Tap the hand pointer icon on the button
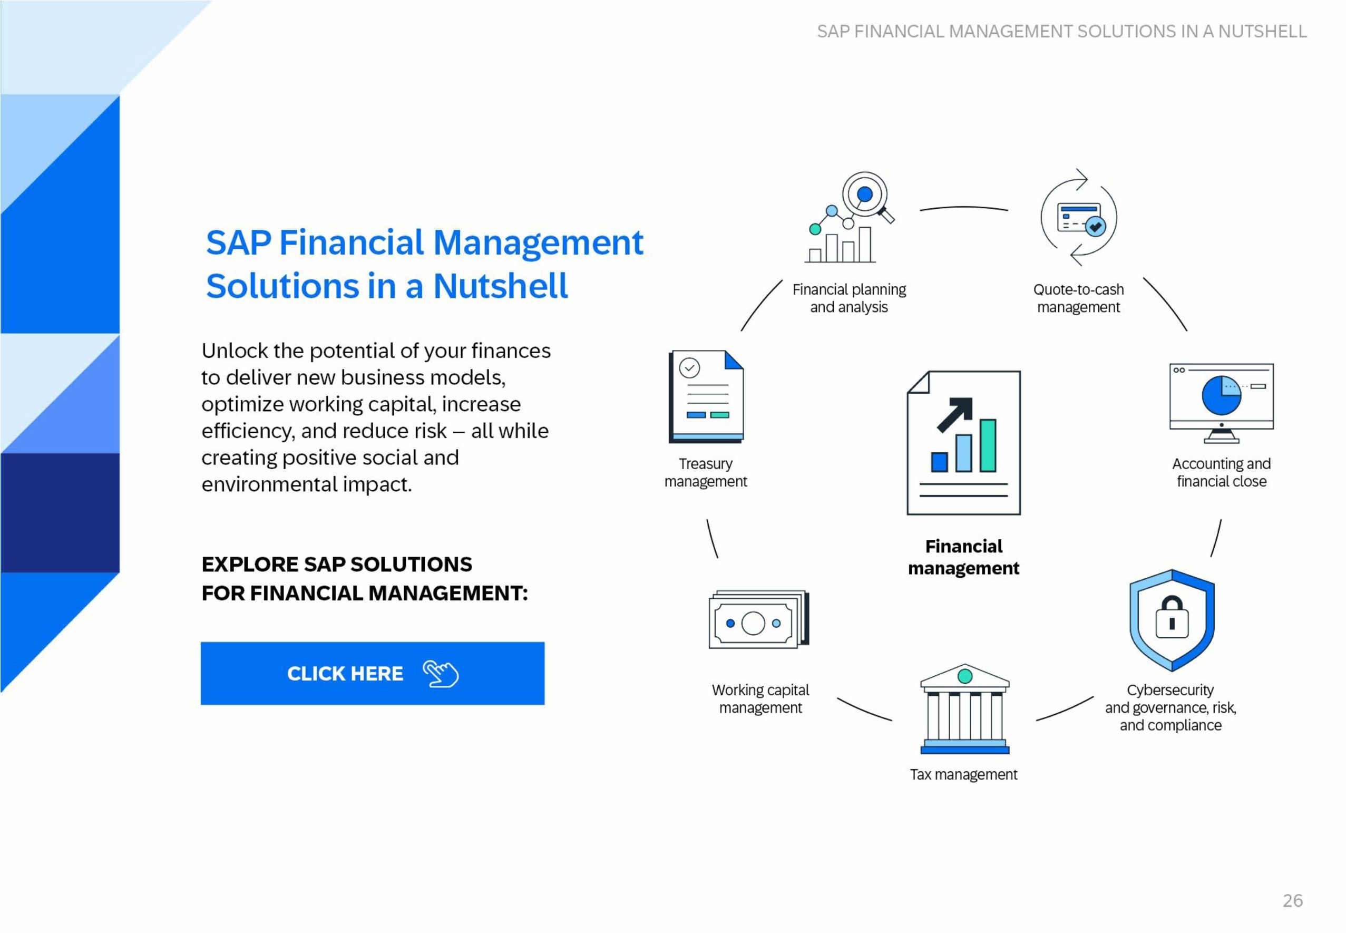[x=441, y=674]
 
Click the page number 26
[x=1292, y=900]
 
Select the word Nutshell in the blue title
[x=500, y=286]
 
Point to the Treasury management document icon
[x=706, y=396]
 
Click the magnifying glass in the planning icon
[x=868, y=197]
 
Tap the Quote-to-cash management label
[x=1078, y=298]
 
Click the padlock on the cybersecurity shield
[x=1172, y=617]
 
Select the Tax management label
[x=963, y=774]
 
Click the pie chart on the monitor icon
[x=1221, y=395]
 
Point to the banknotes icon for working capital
[x=758, y=619]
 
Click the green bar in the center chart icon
[x=988, y=445]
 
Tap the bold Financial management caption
[x=963, y=557]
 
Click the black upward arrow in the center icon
[x=955, y=414]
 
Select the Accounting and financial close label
[x=1221, y=472]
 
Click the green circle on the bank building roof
[x=965, y=676]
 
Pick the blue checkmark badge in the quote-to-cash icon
[x=1095, y=226]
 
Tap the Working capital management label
[x=760, y=698]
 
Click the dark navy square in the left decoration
[x=60, y=512]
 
